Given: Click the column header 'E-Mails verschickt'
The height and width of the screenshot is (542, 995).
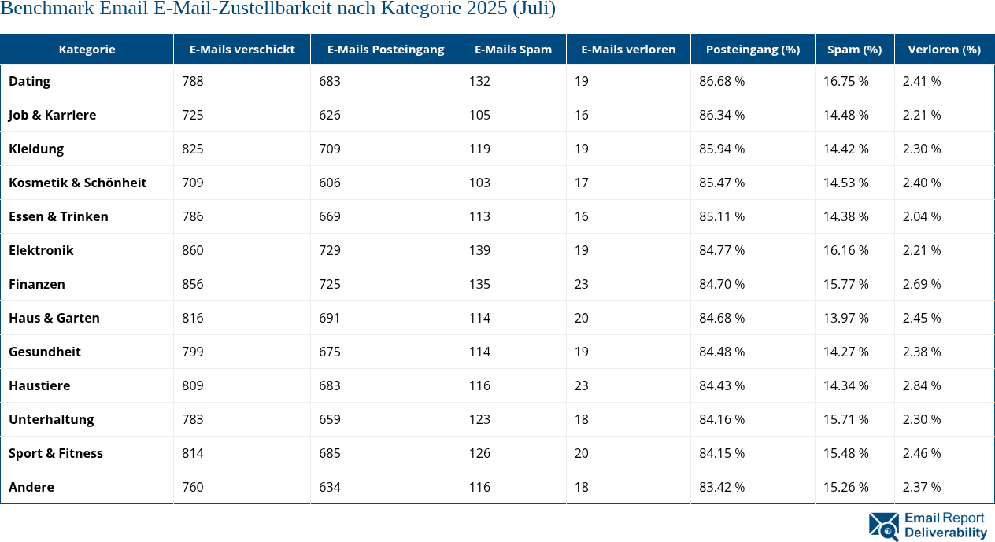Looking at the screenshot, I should [242, 49].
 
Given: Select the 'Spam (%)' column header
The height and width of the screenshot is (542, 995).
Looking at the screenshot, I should [854, 49].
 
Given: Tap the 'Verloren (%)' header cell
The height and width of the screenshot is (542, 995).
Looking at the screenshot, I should [944, 49].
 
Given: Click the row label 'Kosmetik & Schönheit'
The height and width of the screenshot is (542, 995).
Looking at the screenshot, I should [77, 183].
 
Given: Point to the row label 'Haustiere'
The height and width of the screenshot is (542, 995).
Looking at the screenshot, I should [39, 385].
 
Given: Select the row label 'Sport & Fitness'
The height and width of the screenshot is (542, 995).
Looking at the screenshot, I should [55, 453].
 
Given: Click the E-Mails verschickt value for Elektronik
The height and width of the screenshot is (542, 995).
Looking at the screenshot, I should [192, 250].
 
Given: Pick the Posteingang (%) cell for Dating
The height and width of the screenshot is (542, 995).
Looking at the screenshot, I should [722, 81].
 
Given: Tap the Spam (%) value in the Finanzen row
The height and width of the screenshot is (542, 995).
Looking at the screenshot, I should [845, 284].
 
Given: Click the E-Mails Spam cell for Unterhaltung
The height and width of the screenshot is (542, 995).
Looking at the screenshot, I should [479, 419].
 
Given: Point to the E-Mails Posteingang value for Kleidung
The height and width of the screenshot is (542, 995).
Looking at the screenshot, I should [330, 149].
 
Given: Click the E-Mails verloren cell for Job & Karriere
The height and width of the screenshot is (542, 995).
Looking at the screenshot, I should [581, 115].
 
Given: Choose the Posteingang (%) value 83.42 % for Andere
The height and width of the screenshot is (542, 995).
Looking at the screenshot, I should [722, 487].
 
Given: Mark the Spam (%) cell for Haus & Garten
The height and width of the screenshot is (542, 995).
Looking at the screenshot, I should [845, 318].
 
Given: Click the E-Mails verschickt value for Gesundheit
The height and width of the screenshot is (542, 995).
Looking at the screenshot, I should [192, 352].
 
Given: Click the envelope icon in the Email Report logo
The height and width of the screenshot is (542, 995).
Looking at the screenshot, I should [883, 526].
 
